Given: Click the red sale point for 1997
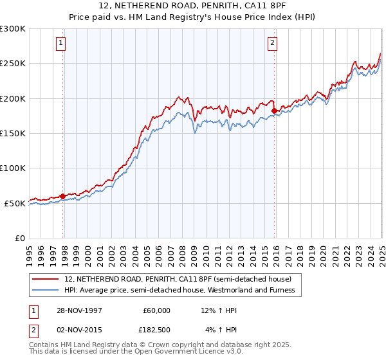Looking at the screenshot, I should [63, 196].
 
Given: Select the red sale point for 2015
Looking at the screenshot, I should [275, 111].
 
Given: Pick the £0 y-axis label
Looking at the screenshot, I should [19, 238].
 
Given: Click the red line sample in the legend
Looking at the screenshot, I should [46, 279].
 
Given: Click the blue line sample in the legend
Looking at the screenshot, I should [46, 290].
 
